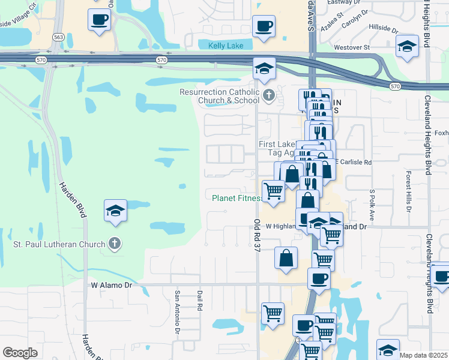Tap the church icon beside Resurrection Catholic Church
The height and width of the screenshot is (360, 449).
pyautogui.click(x=269, y=95)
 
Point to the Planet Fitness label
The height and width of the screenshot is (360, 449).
pyautogui.click(x=236, y=197)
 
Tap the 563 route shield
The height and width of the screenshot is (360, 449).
pyautogui.click(x=58, y=37)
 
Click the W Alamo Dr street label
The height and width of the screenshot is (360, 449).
pyautogui.click(x=111, y=286)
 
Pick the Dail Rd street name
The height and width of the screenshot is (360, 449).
pyautogui.click(x=199, y=301)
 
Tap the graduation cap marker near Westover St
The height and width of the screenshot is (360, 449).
pyautogui.click(x=408, y=47)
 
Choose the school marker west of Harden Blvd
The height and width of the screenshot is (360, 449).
pyautogui.click(x=115, y=211)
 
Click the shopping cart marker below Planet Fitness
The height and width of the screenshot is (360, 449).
pyautogui.click(x=273, y=191)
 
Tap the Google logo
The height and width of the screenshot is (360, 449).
pyautogui.click(x=20, y=352)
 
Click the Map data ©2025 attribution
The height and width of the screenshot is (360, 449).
pyautogui.click(x=423, y=355)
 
